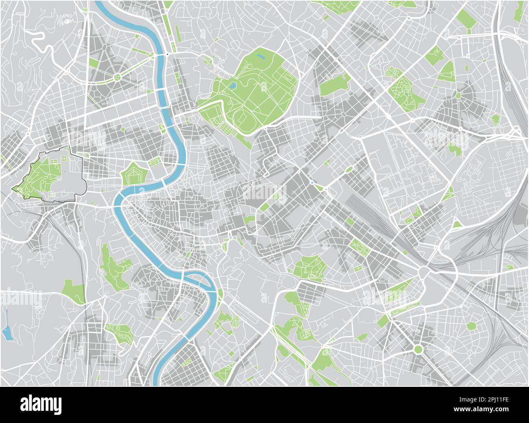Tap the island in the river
point(197,280)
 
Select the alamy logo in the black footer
point(41,405)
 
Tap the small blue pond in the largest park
point(232,86)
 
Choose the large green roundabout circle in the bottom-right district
point(418,349)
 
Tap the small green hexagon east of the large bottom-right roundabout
point(472,326)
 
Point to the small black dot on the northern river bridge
point(167,54)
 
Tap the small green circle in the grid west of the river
point(162,131)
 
